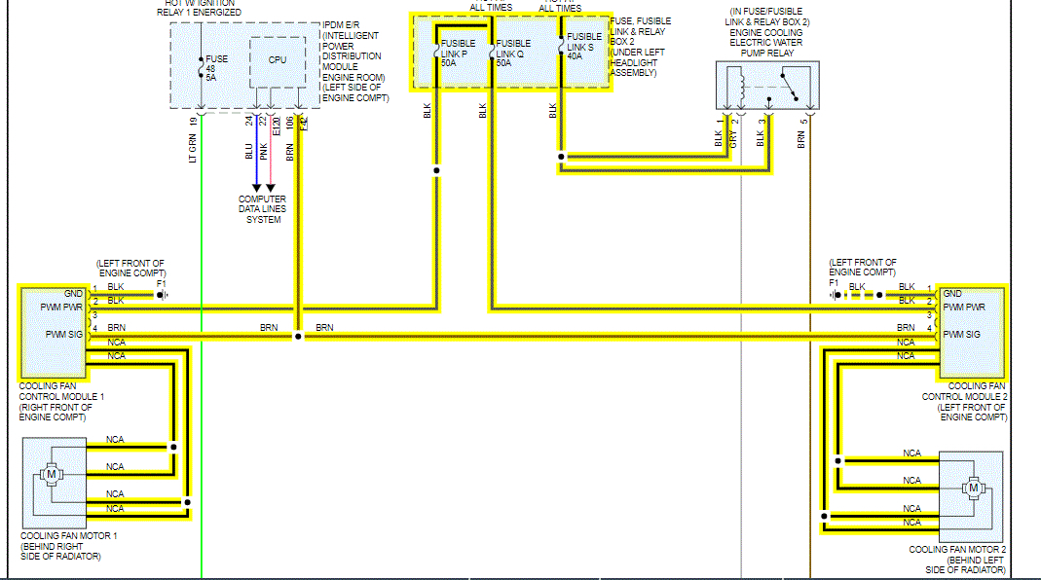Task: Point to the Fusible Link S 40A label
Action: [x=585, y=46]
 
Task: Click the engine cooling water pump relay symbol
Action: [x=767, y=86]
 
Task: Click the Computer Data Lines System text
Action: [x=263, y=209]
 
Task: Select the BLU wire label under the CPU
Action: [x=249, y=151]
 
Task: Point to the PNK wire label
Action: [x=263, y=151]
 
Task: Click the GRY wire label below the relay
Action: [x=733, y=138]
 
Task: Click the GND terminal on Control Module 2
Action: [x=952, y=293]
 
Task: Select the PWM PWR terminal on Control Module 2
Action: [x=960, y=307]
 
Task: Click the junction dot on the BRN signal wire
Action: [x=297, y=336]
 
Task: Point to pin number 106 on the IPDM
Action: [x=289, y=121]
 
